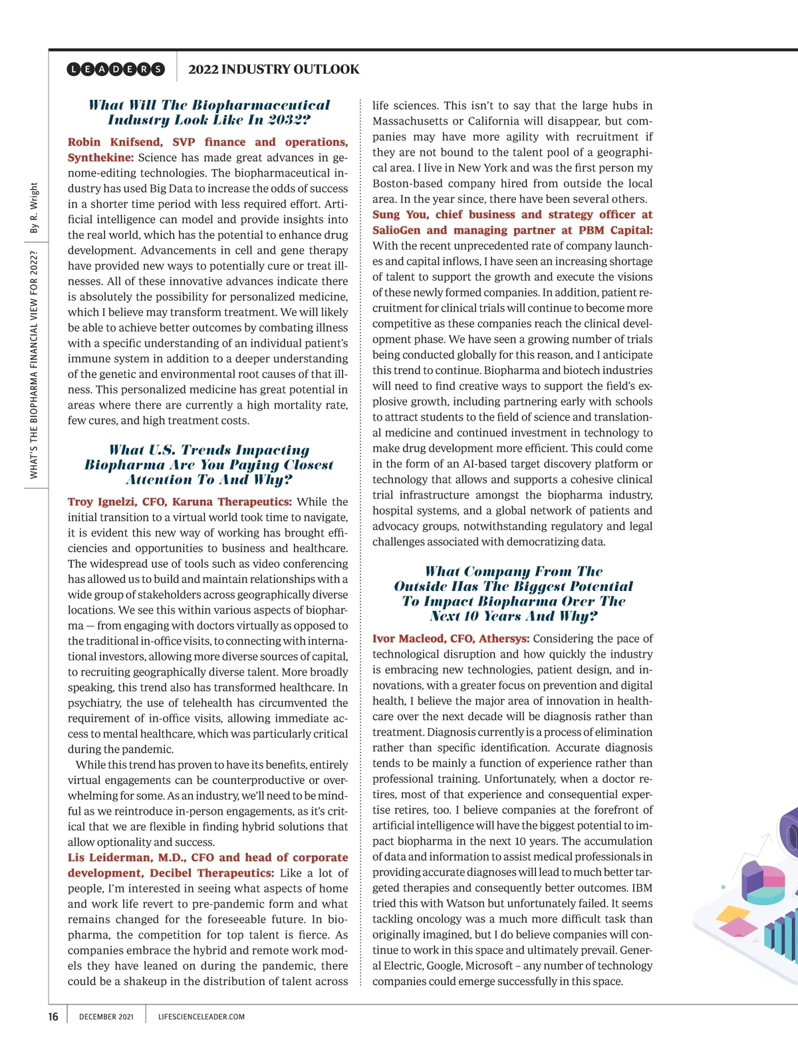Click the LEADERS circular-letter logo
tap(116, 69)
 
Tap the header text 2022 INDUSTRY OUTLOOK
tap(273, 69)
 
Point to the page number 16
tap(53, 1016)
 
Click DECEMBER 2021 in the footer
tap(106, 1016)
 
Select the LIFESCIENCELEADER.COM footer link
tap(201, 1016)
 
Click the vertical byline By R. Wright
tap(34, 208)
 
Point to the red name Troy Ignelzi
tap(100, 502)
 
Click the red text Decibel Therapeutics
tap(212, 873)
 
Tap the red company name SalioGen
tap(396, 230)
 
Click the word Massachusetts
tap(410, 121)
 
